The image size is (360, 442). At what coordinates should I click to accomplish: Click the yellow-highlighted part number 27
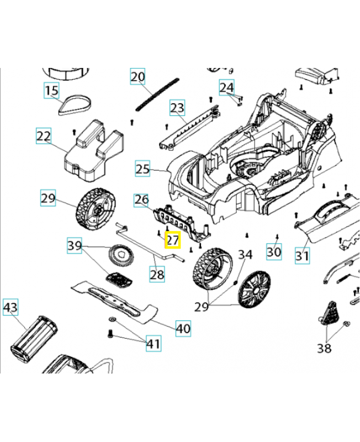pos(173,240)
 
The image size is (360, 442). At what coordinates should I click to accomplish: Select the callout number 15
pos(51,90)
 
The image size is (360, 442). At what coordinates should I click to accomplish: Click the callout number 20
pos(137,76)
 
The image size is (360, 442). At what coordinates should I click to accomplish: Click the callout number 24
pos(226,87)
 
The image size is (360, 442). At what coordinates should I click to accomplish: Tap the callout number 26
pos(141,199)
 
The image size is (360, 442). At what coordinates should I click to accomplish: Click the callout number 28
pos(157,273)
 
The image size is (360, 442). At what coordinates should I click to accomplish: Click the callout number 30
pos(274,251)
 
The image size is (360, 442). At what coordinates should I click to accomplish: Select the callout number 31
pos(302,256)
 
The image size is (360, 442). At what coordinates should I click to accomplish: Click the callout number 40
pos(183,328)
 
